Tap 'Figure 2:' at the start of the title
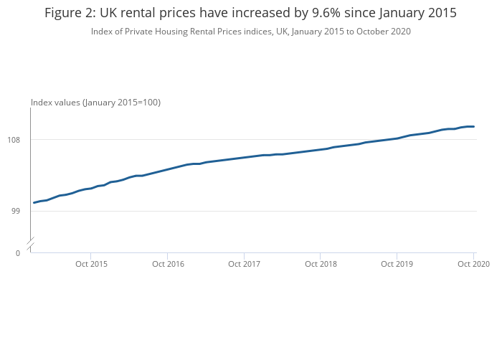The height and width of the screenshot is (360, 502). [x=69, y=14]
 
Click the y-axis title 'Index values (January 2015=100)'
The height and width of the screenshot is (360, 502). [x=95, y=103]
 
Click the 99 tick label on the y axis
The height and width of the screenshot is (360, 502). [x=21, y=211]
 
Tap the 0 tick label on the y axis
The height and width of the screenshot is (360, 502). [x=18, y=252]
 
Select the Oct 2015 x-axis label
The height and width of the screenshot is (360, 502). [x=91, y=265]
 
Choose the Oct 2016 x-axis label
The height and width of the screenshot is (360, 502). [x=167, y=265]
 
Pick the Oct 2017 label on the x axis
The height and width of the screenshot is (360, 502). [x=244, y=265]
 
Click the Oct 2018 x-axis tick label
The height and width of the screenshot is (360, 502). [x=321, y=265]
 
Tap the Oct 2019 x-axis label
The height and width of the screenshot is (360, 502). [x=397, y=265]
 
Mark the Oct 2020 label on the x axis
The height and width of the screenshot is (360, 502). [x=473, y=265]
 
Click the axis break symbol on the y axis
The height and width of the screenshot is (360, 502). [x=30, y=245]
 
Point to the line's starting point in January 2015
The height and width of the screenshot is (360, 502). [x=34, y=203]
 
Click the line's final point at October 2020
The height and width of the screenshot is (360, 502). [x=474, y=127]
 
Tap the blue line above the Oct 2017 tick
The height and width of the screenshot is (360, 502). [x=244, y=157]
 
